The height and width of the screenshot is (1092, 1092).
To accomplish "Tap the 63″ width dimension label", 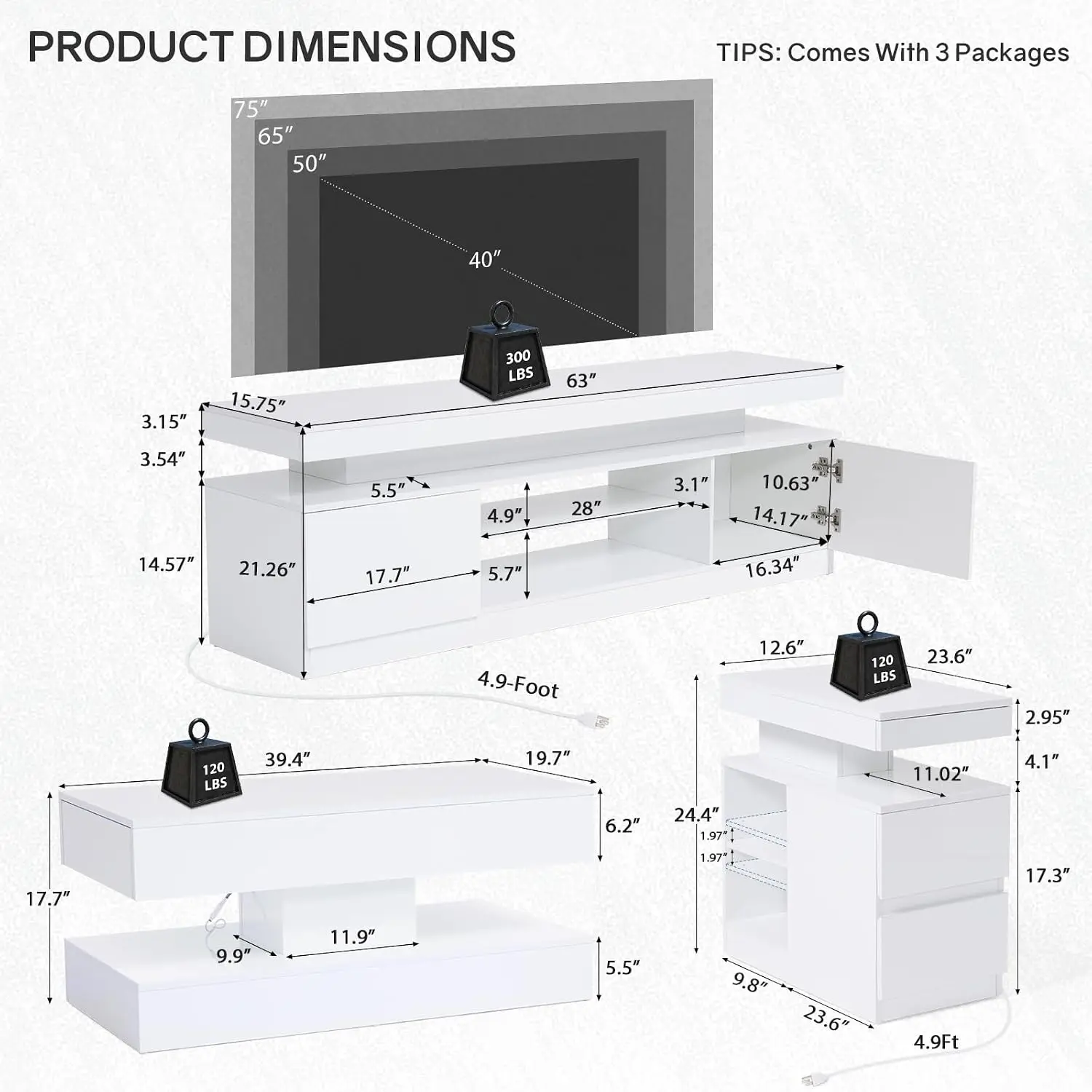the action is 581,380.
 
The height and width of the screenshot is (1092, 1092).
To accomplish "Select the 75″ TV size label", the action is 250,109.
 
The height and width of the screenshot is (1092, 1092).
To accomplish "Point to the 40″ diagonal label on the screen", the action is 485,259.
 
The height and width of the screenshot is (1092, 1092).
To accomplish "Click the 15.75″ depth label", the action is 258,403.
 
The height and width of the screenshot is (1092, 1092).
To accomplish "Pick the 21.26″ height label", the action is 267,569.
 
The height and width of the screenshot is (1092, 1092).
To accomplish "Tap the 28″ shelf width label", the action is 586,507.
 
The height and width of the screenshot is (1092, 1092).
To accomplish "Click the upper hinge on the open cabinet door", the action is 826,467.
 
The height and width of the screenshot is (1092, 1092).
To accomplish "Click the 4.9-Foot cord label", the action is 518,685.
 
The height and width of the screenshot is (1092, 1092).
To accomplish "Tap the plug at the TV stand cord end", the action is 596,720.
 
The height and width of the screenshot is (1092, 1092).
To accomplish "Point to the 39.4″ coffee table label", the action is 288,759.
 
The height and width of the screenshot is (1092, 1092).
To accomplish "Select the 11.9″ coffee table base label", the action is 352,936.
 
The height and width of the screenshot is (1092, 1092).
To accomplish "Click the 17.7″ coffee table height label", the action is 48,898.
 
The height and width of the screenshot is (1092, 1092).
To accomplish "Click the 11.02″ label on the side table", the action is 941,773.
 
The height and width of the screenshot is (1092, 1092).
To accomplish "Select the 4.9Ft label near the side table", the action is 936,1042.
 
